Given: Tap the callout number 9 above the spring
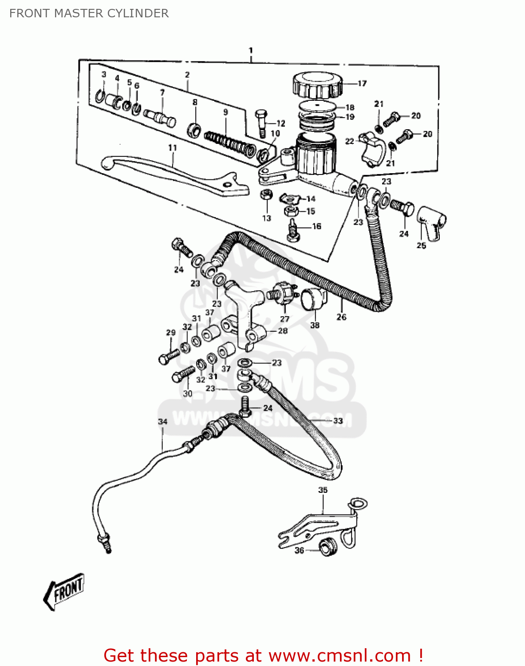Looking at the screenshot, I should tap(225, 112).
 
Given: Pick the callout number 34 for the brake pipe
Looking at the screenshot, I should tap(163, 421).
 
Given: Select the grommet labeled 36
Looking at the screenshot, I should tap(328, 547).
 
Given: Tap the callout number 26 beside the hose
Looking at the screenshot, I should tap(341, 317).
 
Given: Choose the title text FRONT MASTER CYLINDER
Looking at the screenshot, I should tap(89, 13).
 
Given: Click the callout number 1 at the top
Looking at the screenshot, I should tap(251, 50).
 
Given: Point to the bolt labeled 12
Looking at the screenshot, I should tap(261, 123).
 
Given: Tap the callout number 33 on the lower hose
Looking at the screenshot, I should tap(338, 420).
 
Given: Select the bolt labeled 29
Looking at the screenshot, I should tap(168, 357).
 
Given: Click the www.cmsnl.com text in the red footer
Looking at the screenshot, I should tap(339, 656).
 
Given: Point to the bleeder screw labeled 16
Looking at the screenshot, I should tap(293, 230).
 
